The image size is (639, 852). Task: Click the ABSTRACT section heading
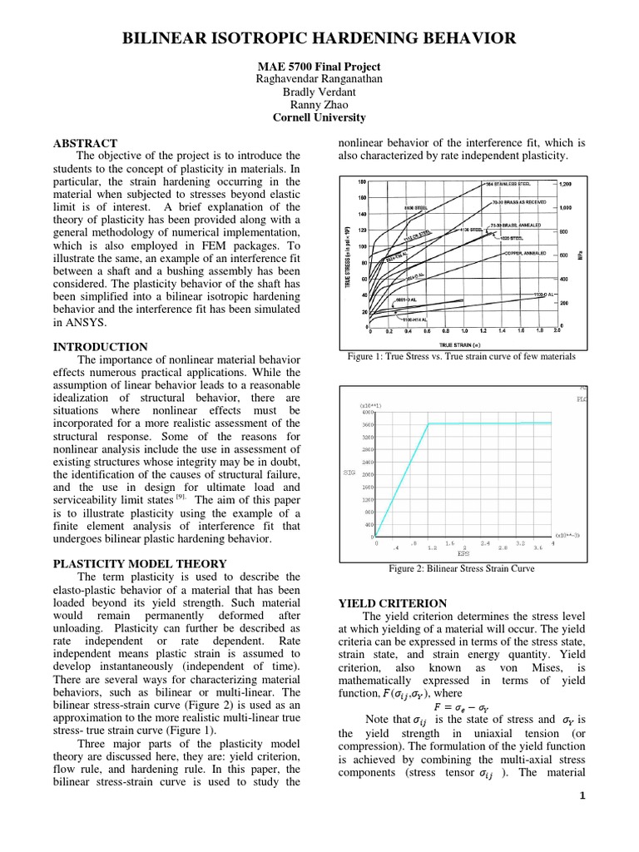(86, 143)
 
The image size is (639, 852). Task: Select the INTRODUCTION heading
(100, 347)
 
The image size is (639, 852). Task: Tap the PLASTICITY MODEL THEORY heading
(140, 563)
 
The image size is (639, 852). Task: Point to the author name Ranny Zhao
(319, 105)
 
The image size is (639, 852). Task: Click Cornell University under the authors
(319, 117)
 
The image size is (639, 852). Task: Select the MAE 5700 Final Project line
(319, 67)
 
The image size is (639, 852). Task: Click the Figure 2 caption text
(462, 569)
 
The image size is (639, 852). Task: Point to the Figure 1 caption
(462, 356)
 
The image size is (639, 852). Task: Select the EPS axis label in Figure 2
(463, 553)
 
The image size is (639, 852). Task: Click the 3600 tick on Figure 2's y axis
(367, 424)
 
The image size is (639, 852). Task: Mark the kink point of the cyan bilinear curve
(428, 424)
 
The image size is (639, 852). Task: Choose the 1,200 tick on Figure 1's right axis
(566, 183)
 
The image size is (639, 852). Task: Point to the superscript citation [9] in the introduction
(181, 497)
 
